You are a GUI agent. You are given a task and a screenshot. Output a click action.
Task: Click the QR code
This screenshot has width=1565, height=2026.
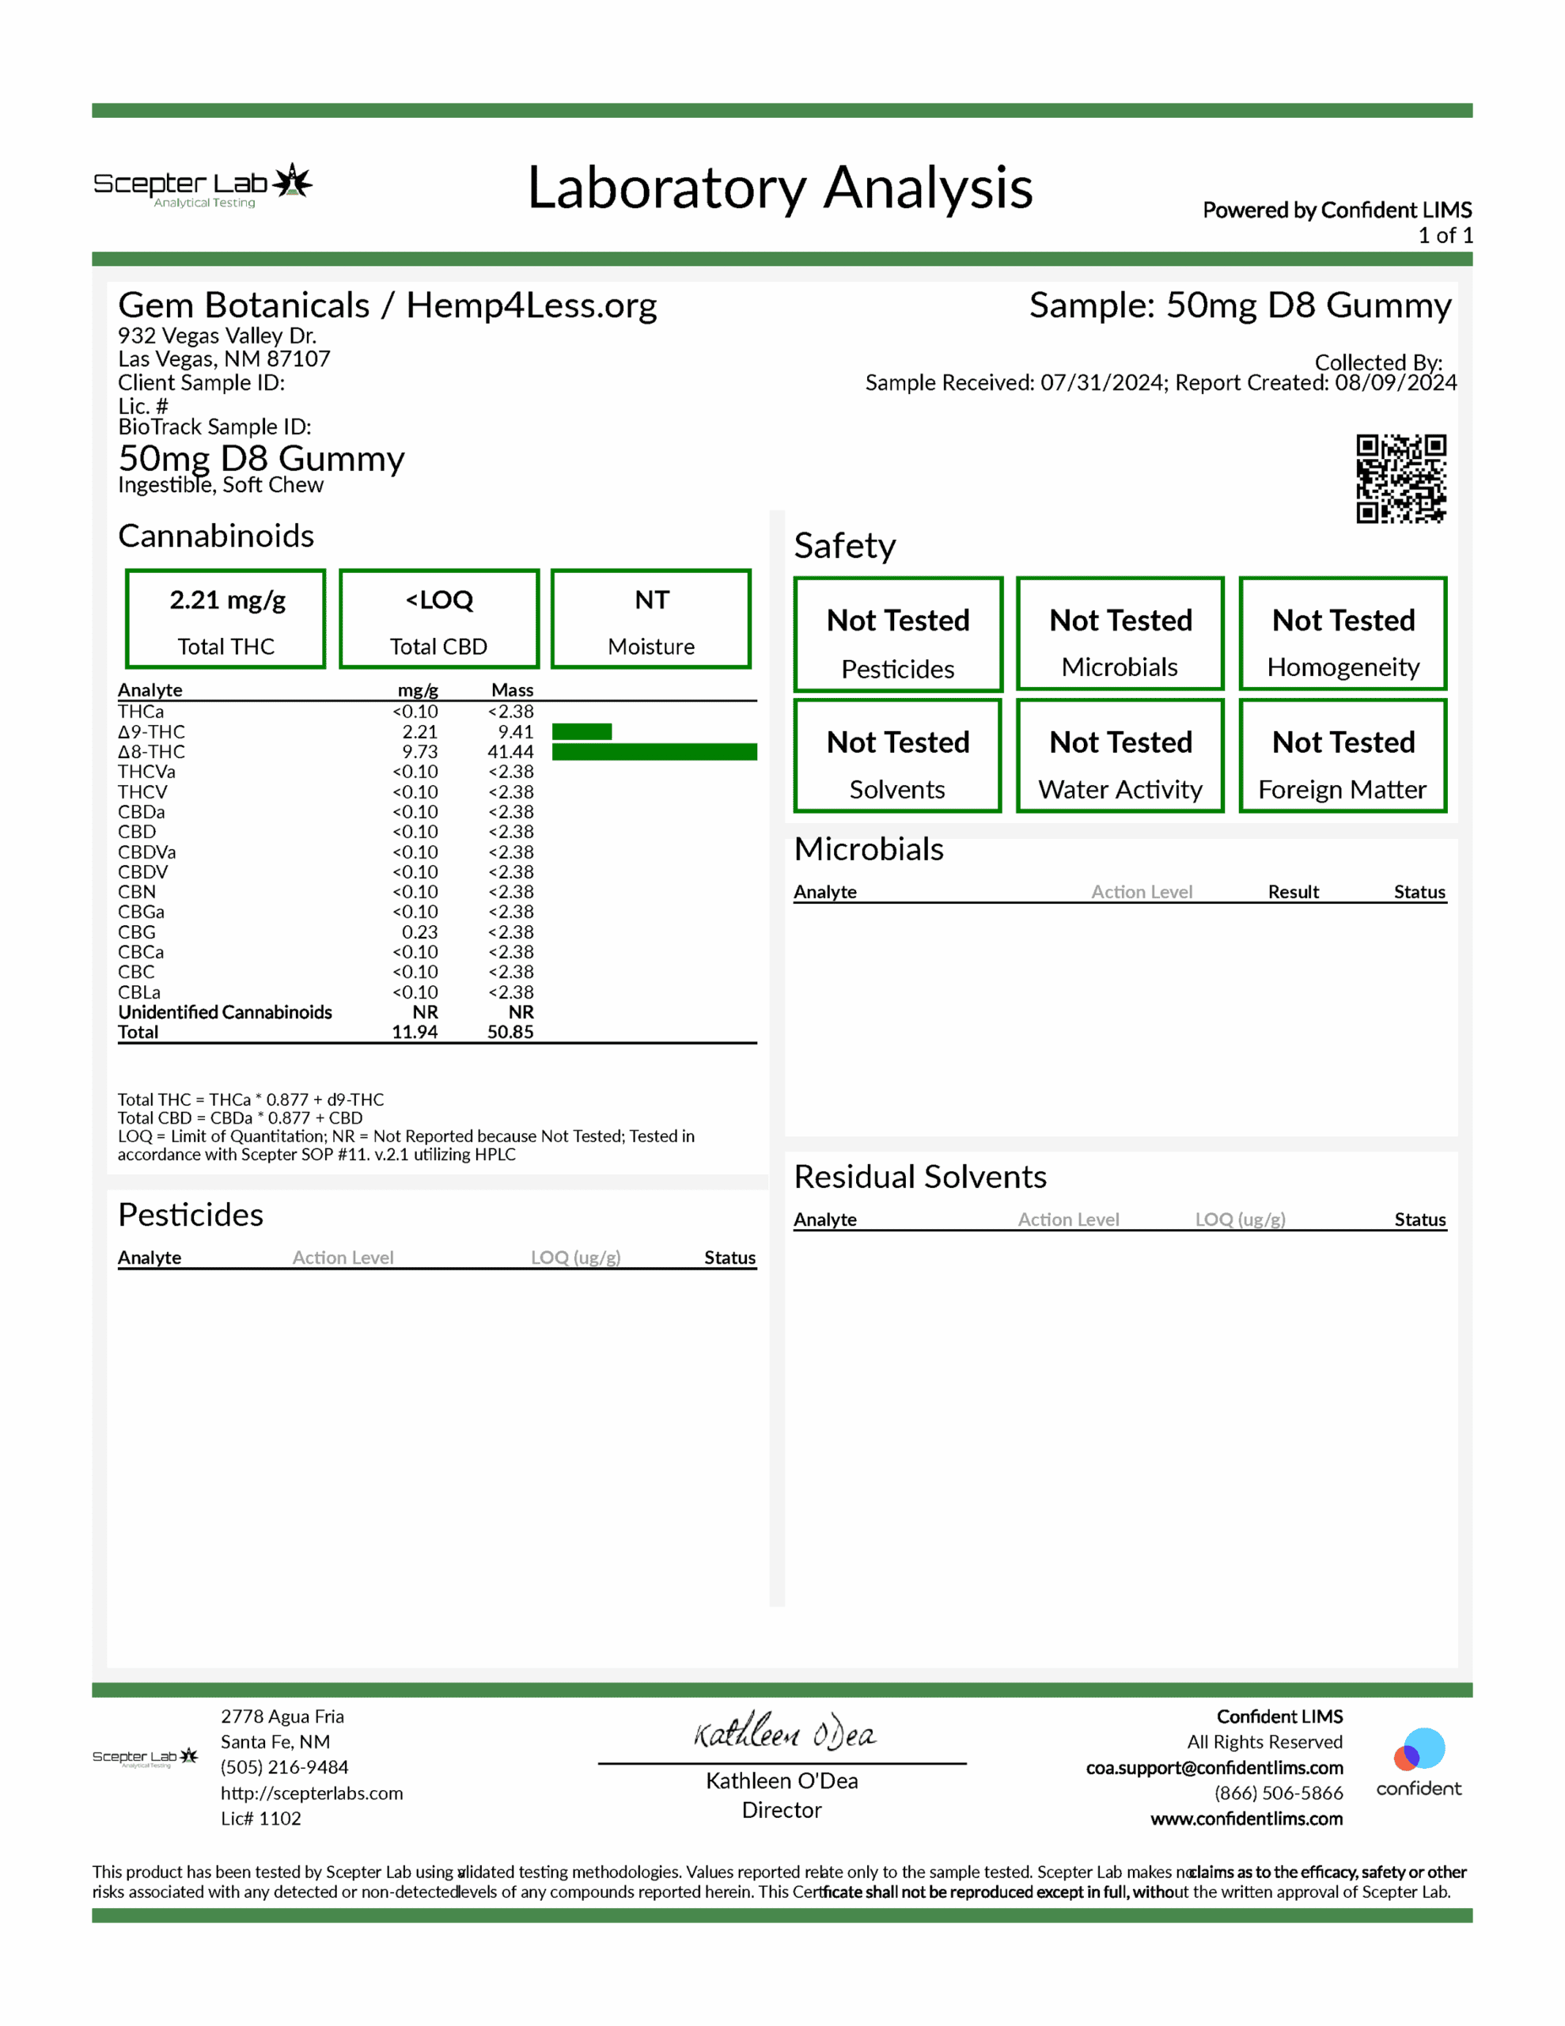[1400, 479]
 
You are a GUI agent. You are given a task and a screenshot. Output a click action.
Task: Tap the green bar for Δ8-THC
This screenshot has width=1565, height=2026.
[654, 751]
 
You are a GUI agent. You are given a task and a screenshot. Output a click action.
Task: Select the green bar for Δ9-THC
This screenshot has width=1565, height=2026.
[582, 732]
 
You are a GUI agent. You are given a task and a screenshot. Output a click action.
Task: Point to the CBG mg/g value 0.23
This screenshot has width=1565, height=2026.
[419, 932]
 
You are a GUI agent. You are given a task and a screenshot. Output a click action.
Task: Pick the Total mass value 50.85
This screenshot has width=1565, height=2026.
[510, 1031]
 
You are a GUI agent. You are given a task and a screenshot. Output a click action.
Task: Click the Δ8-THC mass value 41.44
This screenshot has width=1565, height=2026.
[510, 751]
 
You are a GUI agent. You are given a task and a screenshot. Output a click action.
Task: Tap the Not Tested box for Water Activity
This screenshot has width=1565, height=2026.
[1120, 756]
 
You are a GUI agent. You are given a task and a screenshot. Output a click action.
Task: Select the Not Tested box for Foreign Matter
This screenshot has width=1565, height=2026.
[1343, 756]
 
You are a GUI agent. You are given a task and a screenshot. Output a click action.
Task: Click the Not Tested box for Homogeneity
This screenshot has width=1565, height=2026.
[1343, 634]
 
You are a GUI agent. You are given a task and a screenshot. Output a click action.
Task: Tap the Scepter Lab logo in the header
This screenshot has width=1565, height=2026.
[203, 185]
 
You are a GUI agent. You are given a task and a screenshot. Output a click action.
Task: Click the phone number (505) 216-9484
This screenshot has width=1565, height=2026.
[284, 1767]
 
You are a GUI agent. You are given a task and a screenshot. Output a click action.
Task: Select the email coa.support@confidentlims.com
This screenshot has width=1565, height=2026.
[1214, 1768]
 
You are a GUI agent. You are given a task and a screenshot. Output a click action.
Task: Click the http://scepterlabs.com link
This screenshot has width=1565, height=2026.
[312, 1793]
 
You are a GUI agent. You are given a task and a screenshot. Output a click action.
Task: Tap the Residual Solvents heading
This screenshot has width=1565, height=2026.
[919, 1176]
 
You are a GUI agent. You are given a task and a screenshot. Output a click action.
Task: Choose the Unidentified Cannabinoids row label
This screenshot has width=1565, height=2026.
[225, 1012]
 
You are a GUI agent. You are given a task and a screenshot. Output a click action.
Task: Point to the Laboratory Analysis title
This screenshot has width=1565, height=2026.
[779, 188]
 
